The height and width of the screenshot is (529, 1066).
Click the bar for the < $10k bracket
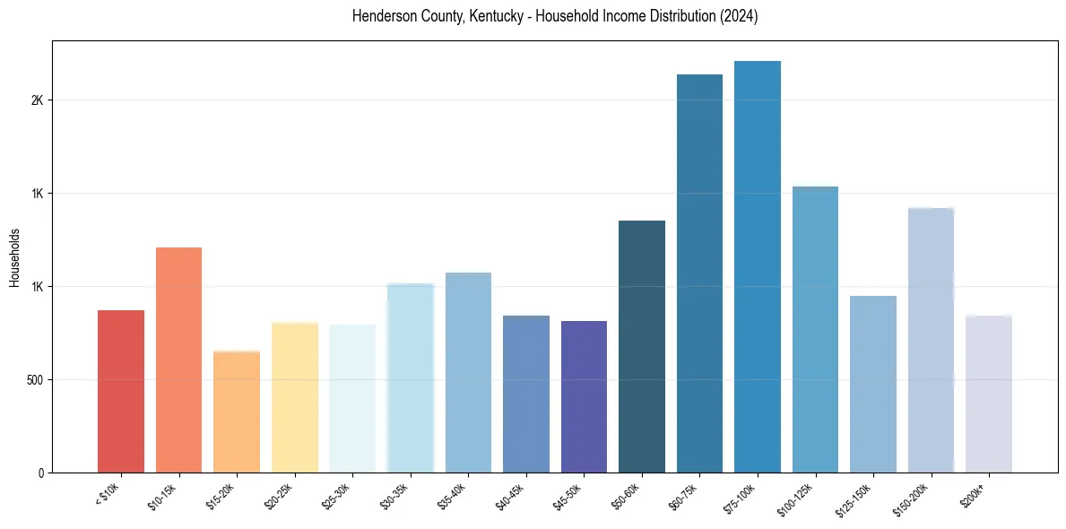click(121, 391)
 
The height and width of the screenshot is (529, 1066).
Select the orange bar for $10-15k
click(178, 360)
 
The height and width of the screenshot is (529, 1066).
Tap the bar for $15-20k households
click(237, 412)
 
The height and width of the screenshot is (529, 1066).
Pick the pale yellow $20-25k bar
click(295, 397)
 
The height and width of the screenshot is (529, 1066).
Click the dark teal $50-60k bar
click(642, 346)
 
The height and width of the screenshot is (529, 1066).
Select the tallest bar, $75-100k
click(758, 266)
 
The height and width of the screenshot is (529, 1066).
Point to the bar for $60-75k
click(699, 273)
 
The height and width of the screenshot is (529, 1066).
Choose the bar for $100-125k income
click(815, 329)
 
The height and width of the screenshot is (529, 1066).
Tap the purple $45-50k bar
click(584, 396)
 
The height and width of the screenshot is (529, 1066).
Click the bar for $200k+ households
click(989, 394)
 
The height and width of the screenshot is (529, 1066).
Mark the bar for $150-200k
click(931, 340)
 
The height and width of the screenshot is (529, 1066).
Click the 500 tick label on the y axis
click(35, 380)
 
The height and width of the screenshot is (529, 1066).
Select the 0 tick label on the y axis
click(41, 473)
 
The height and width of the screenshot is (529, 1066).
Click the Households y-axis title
click(14, 257)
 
